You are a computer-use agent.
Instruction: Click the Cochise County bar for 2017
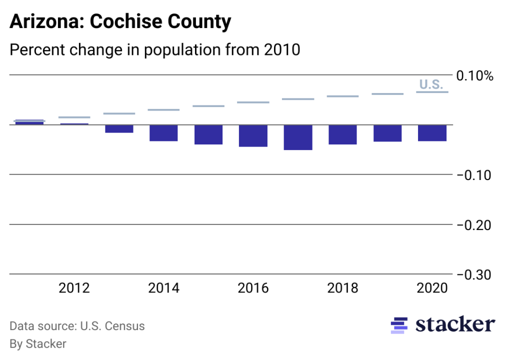click(x=298, y=137)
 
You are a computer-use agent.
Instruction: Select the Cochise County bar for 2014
click(x=164, y=132)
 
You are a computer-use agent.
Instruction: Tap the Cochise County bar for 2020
click(x=432, y=132)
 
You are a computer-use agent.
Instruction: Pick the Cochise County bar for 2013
click(x=119, y=128)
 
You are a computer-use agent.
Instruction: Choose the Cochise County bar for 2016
click(x=253, y=135)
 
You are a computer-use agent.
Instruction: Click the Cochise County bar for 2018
click(x=342, y=134)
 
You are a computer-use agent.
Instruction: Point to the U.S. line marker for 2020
click(x=432, y=92)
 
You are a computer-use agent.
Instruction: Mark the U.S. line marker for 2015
click(x=208, y=106)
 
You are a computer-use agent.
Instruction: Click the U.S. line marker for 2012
click(x=74, y=117)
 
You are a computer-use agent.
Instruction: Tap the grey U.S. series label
click(x=431, y=84)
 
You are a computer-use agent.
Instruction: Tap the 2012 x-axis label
click(x=74, y=288)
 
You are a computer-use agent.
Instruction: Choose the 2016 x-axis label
click(x=253, y=288)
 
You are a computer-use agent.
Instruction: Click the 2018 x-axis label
click(x=342, y=288)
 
